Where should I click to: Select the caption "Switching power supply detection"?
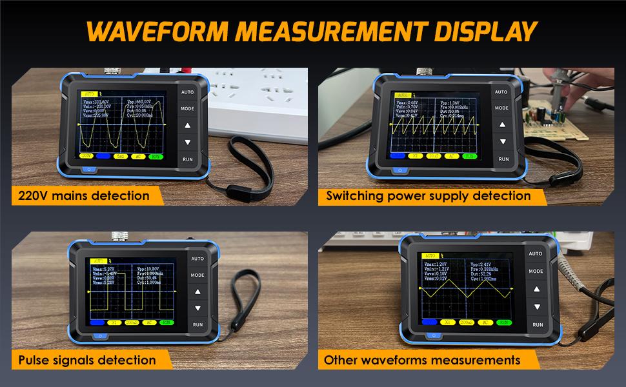pos(429,195)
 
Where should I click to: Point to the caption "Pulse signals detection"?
pos(87,360)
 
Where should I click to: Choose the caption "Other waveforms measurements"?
pos(423,360)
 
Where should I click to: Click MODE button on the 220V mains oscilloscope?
pos(187,109)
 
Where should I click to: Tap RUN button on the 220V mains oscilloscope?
pos(187,158)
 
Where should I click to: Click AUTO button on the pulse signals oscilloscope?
pos(197,259)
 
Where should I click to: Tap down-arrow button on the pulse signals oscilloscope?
pos(197,308)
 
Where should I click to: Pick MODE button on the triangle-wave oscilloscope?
pos(536,272)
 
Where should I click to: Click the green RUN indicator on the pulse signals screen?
pos(167,321)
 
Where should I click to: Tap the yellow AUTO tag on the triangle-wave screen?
pos(429,256)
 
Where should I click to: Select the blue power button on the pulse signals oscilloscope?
pos(98,335)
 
